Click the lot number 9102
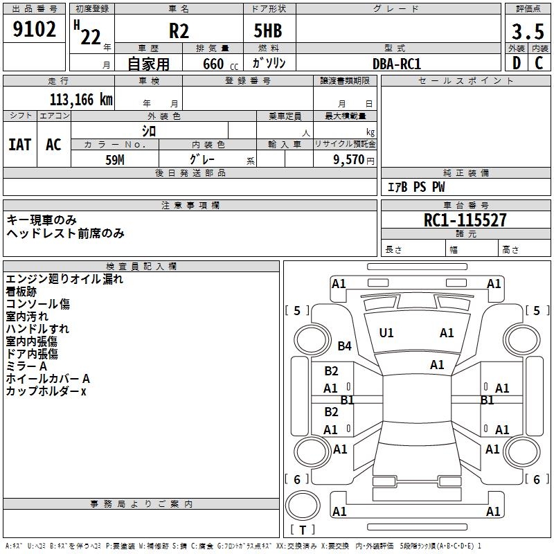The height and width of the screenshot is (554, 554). click(x=35, y=30)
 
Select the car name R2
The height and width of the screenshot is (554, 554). click(x=179, y=32)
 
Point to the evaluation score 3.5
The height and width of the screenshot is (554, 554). click(x=527, y=32)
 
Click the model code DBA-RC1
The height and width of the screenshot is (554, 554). click(x=397, y=64)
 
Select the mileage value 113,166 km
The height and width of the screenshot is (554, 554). click(x=81, y=100)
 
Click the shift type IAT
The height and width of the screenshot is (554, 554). click(x=19, y=145)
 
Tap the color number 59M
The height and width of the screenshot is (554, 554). click(x=115, y=159)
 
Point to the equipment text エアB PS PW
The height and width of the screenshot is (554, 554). click(x=415, y=188)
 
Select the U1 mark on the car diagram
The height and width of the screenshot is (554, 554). click(x=386, y=333)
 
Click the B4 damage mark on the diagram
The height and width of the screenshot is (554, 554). click(x=345, y=346)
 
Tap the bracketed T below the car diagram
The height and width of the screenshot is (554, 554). click(x=303, y=530)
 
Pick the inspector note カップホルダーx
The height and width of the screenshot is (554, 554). click(x=46, y=391)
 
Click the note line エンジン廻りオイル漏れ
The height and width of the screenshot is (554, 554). click(x=64, y=279)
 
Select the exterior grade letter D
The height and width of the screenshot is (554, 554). click(x=516, y=63)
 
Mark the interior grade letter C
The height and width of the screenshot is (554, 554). click(x=539, y=63)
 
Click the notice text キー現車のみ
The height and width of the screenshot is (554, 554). click(x=42, y=220)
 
